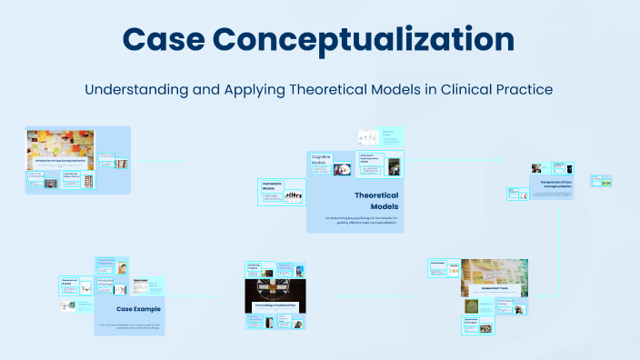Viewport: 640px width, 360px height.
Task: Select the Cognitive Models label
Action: pos(321,160)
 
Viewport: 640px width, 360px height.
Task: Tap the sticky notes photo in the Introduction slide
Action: pos(60,144)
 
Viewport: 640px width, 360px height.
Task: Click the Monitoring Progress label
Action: pos(255,267)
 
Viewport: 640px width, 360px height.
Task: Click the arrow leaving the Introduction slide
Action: pos(159,164)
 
